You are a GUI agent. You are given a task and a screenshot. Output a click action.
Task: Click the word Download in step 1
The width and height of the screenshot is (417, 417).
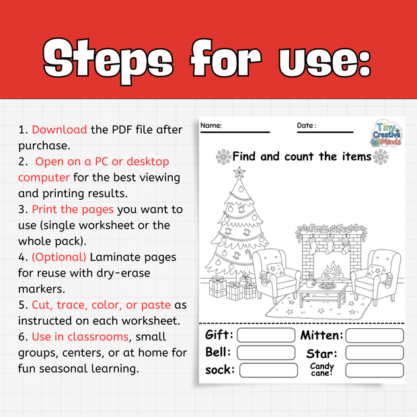59,129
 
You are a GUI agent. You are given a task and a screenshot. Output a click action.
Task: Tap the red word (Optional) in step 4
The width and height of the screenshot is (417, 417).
59,257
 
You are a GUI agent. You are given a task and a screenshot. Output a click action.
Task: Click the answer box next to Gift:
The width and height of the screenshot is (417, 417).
266,335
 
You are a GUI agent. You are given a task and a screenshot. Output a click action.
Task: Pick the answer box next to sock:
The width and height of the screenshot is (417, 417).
268,370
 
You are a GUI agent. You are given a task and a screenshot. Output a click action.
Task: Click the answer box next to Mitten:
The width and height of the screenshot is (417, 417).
374,335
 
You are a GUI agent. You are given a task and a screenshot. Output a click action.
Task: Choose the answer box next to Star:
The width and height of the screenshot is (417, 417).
374,352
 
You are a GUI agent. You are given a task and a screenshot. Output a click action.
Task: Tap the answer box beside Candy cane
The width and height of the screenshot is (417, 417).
374,370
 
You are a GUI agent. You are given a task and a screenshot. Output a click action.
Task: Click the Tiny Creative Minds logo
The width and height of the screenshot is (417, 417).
390,134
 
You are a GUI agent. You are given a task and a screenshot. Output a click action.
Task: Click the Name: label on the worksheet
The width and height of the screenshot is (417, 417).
211,126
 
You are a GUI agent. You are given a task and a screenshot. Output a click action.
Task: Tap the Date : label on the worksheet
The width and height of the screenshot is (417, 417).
307,126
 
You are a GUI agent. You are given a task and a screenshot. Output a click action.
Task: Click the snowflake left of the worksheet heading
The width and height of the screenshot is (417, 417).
223,157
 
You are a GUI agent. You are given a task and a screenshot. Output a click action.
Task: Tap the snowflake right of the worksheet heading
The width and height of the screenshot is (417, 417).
381,157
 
